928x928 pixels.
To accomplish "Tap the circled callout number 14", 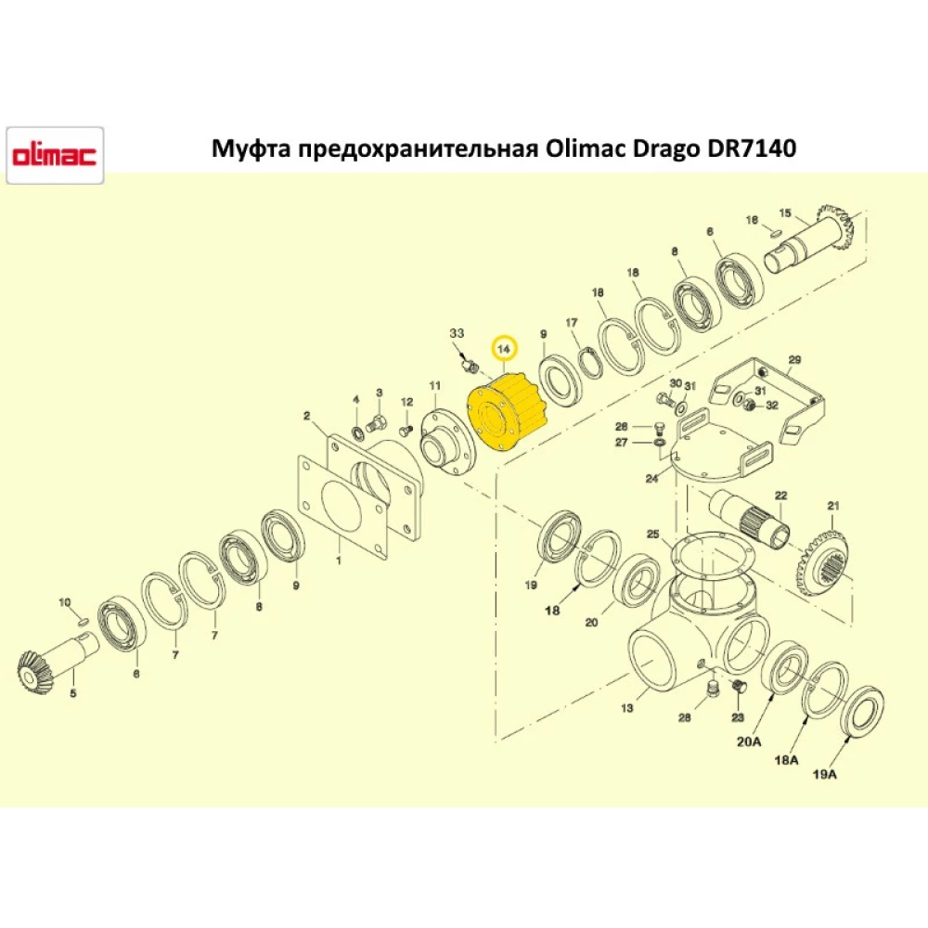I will pos(505,349).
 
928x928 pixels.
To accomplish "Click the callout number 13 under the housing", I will pos(627,709).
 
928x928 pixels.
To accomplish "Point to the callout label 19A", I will pos(824,774).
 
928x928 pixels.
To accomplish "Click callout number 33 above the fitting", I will pos(457,333).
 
